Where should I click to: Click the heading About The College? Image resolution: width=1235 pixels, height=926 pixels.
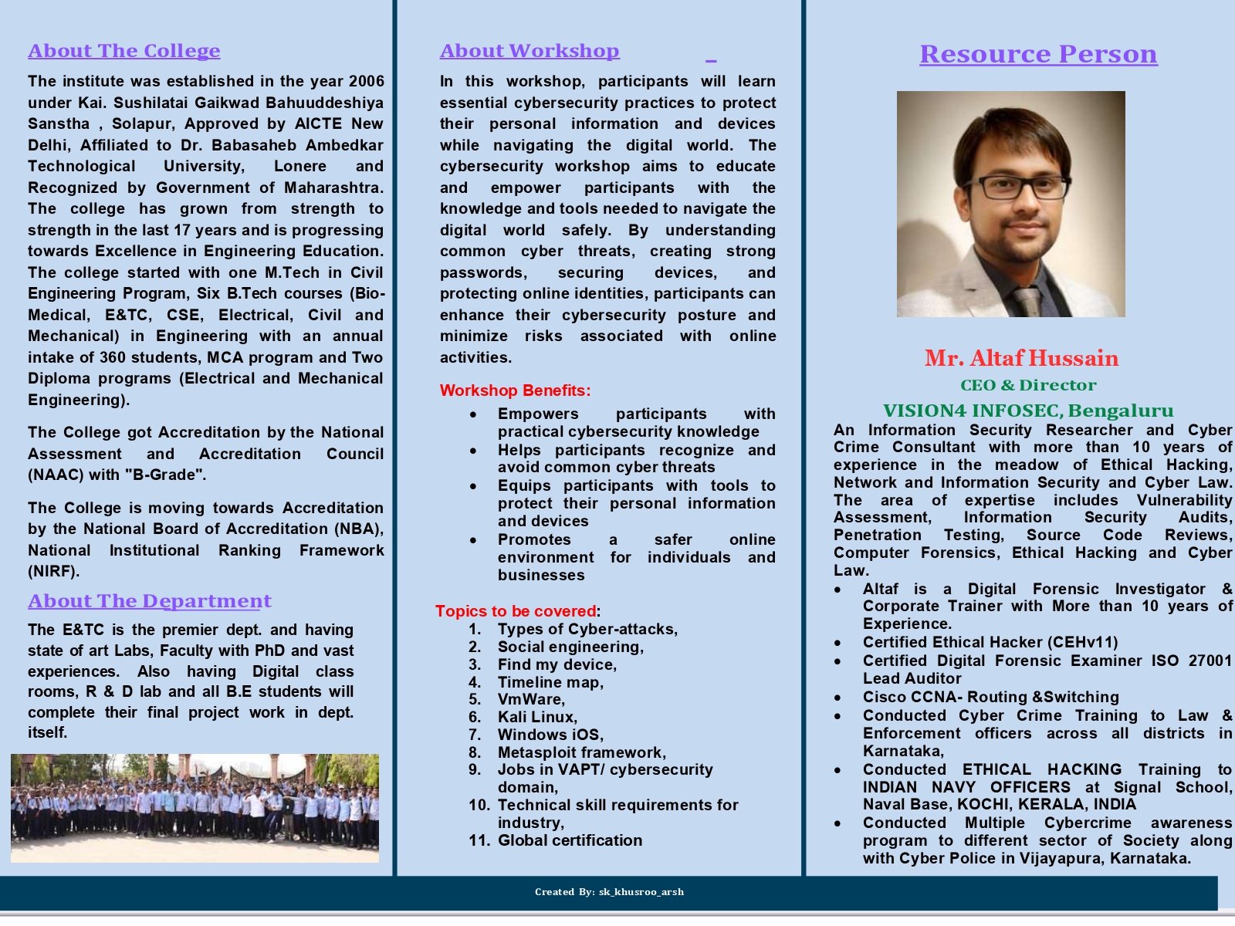pyautogui.click(x=124, y=51)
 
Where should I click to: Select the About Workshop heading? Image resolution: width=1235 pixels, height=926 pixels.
pyautogui.click(x=530, y=51)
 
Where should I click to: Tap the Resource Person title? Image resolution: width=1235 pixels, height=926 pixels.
pyautogui.click(x=1038, y=54)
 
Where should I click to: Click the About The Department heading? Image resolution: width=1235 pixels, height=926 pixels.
pyautogui.click(x=150, y=601)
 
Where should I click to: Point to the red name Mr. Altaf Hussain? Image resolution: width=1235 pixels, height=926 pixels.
pyautogui.click(x=1021, y=358)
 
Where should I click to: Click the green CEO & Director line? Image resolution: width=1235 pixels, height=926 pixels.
pyautogui.click(x=1028, y=385)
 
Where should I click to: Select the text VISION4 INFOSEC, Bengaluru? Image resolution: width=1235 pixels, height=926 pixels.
pyautogui.click(x=1028, y=411)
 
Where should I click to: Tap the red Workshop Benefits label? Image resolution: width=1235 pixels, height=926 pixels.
pyautogui.click(x=515, y=390)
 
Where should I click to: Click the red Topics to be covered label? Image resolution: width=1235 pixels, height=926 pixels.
pyautogui.click(x=516, y=611)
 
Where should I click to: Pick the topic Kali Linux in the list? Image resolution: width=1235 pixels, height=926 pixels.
pyautogui.click(x=537, y=717)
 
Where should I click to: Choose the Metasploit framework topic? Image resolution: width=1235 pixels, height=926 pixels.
pyautogui.click(x=581, y=752)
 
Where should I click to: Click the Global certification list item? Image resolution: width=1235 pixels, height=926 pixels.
pyautogui.click(x=570, y=840)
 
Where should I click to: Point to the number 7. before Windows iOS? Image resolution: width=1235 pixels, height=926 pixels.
pyautogui.click(x=475, y=735)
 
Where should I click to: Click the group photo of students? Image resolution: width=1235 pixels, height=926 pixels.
pyautogui.click(x=195, y=807)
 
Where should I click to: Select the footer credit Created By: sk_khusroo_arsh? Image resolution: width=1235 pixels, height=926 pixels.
pyautogui.click(x=609, y=892)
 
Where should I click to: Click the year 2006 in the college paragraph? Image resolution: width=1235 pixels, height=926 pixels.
pyautogui.click(x=366, y=81)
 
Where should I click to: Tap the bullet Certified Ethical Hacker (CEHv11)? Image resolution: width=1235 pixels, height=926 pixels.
pyautogui.click(x=990, y=642)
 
